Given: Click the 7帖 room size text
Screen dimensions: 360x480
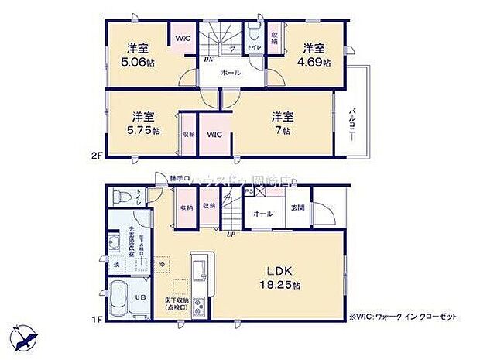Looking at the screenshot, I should click(x=282, y=132).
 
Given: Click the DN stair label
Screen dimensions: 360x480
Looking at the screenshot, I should click(x=208, y=59).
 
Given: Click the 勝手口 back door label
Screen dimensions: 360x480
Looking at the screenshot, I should click(x=180, y=180).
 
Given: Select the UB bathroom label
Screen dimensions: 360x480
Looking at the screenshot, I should click(x=141, y=297).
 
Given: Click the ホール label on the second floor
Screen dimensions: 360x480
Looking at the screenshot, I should click(x=231, y=73).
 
